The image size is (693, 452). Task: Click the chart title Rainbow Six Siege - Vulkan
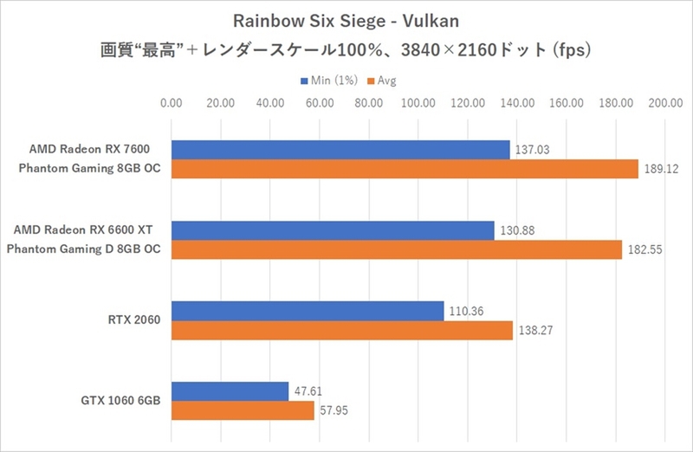click(x=346, y=20)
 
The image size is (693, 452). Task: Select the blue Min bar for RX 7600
click(x=340, y=150)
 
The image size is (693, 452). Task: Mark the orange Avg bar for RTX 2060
click(x=342, y=331)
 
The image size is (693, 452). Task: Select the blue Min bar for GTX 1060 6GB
click(x=230, y=391)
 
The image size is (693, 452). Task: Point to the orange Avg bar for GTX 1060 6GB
click(x=243, y=410)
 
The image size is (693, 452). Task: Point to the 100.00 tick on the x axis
click(x=419, y=104)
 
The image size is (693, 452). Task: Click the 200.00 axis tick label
click(x=666, y=104)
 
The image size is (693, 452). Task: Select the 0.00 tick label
click(x=172, y=104)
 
